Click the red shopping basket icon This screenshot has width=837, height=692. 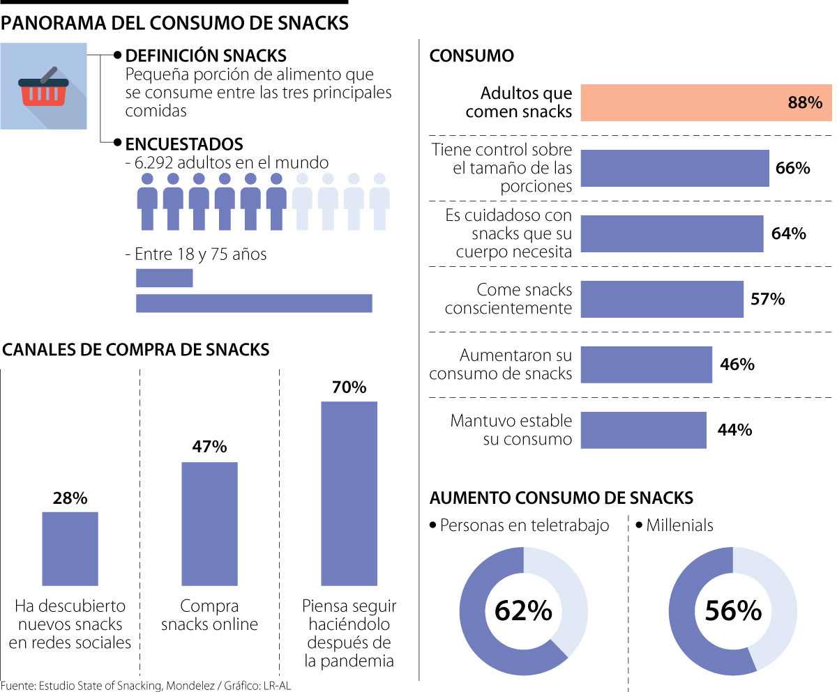coord(43,88)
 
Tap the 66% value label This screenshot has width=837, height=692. coord(792,169)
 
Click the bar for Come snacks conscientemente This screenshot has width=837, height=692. coord(662,299)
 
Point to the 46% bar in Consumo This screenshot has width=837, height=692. coord(646,364)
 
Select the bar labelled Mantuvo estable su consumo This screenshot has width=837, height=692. coord(643,430)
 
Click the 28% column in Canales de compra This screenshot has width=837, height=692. coord(70,548)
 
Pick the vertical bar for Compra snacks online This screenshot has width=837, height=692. coord(209,523)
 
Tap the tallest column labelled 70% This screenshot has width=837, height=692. coord(349,493)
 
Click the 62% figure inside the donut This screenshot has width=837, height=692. coord(523,611)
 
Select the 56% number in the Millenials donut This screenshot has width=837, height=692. coord(732,611)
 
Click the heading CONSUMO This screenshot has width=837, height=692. coord(472,56)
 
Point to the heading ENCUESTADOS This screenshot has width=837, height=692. coord(183,144)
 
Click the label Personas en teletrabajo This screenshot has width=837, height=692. coord(525,525)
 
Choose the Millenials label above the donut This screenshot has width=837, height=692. coord(679,525)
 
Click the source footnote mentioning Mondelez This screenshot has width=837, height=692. coord(145,685)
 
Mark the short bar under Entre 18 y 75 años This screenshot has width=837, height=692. coord(164,278)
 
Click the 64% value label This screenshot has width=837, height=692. coord(789,233)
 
